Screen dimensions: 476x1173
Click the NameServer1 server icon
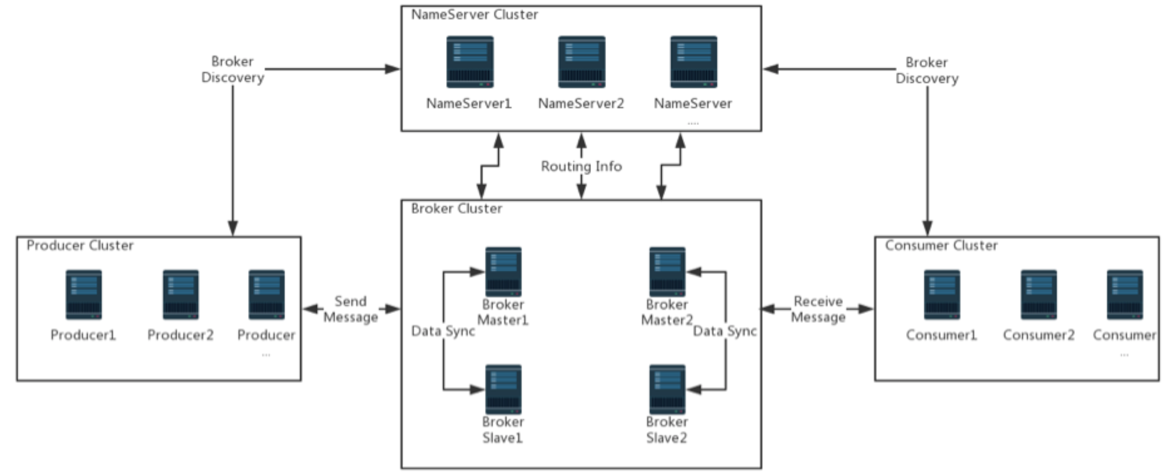coord(470,62)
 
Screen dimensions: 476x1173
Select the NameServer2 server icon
coord(581,62)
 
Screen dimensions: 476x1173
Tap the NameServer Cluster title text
coord(474,15)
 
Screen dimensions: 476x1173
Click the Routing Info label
coord(581,166)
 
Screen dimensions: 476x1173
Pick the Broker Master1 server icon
coord(503,272)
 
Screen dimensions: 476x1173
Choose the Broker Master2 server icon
coord(667,272)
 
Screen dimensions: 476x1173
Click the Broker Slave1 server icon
coord(503,389)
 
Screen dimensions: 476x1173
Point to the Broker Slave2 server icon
coord(667,389)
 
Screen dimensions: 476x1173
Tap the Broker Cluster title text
coord(456,209)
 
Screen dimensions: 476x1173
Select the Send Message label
coord(350,309)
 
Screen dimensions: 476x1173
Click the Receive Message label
coord(818,309)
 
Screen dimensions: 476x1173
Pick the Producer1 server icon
coord(84,295)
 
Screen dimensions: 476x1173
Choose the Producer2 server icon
coord(180,295)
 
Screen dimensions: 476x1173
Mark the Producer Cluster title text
coord(80,246)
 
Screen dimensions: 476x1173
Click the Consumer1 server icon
coord(942,295)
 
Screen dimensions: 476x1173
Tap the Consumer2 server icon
coord(1039,295)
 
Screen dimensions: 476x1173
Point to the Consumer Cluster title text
coord(941,246)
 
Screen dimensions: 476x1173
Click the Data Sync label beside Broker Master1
coord(443,331)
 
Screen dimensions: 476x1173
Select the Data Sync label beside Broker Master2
coord(725,331)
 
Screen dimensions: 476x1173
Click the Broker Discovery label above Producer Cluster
coord(233,70)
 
